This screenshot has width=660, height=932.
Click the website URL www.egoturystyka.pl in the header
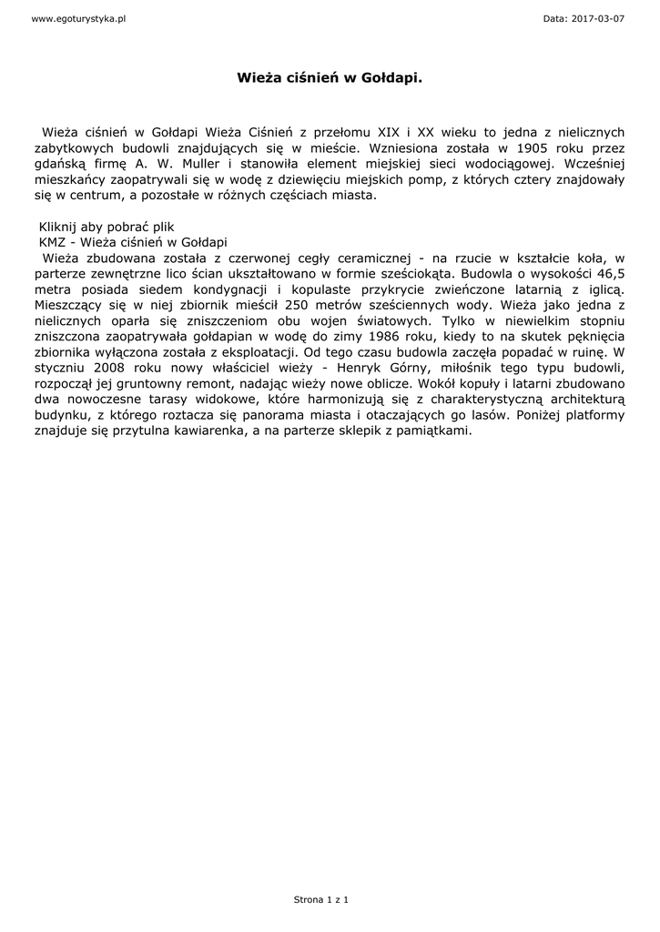point(78,18)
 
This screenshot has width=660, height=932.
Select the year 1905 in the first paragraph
point(530,147)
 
